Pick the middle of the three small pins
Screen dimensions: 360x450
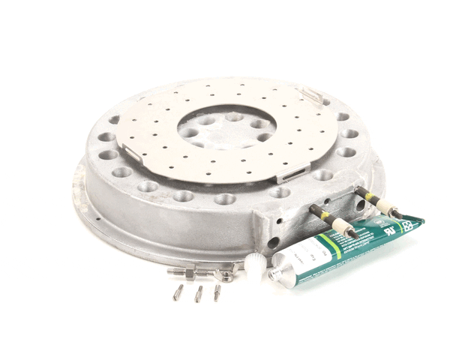point(199,293)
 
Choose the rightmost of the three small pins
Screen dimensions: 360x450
point(217,292)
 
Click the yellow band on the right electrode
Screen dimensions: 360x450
point(370,198)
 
